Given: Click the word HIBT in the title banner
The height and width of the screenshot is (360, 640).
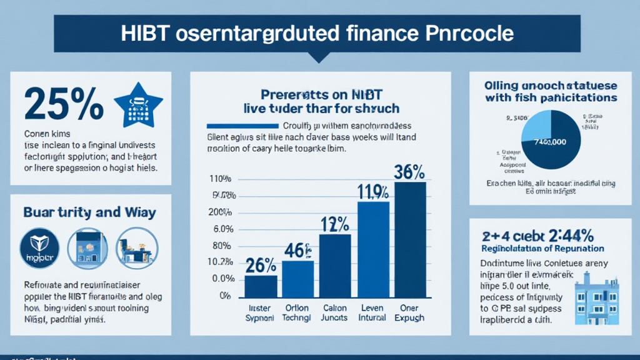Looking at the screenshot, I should tap(147, 32).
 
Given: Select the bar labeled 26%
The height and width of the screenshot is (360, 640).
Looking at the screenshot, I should tap(261, 286).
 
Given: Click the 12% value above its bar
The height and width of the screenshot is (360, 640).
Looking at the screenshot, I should tap(335, 223).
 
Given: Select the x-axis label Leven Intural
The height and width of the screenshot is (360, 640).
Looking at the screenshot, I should tap(372, 312).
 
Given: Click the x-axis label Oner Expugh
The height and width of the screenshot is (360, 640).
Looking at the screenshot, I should tap(409, 312).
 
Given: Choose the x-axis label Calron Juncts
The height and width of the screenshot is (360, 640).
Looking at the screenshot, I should tap(335, 312).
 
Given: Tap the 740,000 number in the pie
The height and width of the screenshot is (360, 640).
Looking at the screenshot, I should tap(549, 142).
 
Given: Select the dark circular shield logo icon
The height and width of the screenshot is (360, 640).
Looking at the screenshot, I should tap(39, 249).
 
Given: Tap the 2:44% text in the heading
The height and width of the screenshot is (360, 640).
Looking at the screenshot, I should tap(569, 236).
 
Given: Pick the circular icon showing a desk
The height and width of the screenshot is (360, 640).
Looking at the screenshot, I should tap(137, 248).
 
